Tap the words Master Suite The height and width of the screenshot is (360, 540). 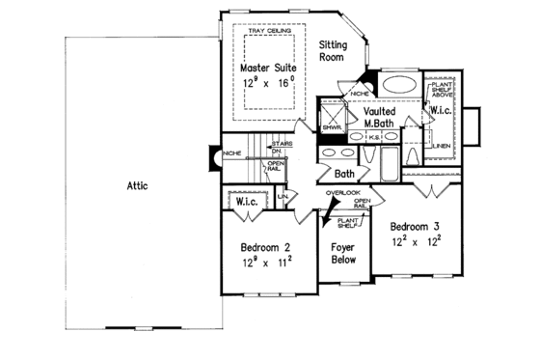tap(270, 68)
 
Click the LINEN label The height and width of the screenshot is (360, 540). tap(441, 146)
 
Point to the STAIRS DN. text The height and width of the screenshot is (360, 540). tap(276, 147)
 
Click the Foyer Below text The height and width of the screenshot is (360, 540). tap(342, 252)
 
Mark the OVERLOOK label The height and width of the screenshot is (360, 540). tap(342, 192)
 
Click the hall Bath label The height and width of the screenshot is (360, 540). tap(344, 174)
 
